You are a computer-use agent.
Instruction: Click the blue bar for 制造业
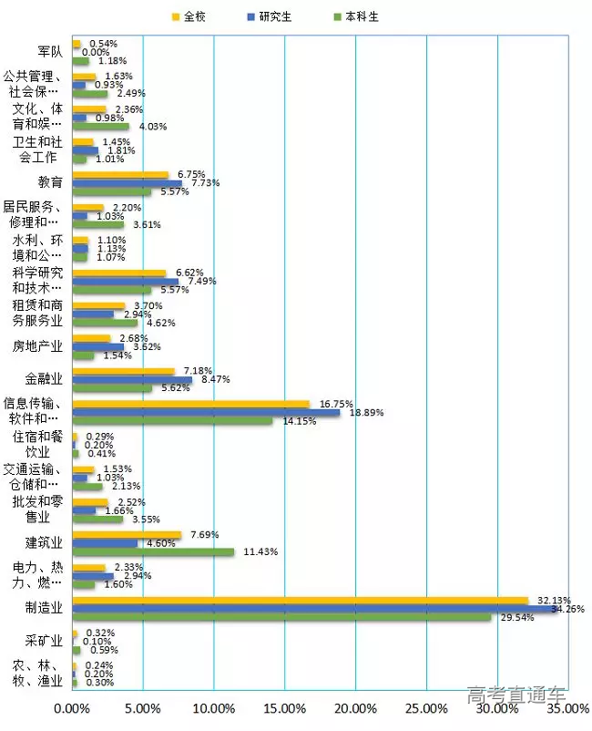314,608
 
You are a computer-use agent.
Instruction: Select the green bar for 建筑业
153,551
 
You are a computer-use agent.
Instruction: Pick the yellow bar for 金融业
123,371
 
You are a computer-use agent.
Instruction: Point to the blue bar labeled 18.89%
206,412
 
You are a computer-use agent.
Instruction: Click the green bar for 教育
111,191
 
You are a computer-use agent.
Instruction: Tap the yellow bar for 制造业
300,600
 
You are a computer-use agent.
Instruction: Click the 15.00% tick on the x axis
284,708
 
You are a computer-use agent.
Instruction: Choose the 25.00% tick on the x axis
426,708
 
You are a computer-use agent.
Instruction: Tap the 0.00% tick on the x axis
72,708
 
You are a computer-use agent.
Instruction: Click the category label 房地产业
37,346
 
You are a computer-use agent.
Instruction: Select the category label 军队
50,51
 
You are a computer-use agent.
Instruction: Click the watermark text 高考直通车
515,695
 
